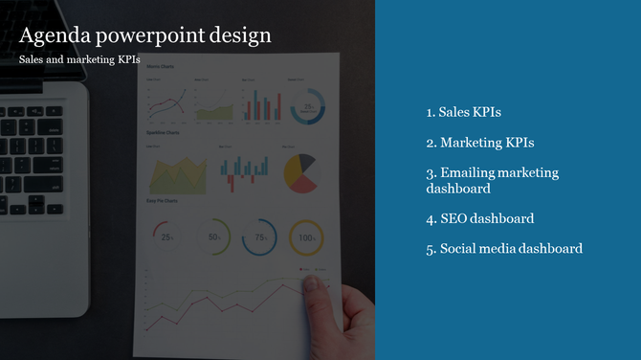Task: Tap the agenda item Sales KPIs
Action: pos(464,112)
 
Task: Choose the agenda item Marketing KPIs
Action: pos(480,143)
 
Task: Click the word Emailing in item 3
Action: pos(468,173)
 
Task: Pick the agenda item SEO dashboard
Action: pos(480,218)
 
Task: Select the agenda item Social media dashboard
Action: pos(504,249)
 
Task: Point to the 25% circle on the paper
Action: pos(166,237)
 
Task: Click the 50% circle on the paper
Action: pos(213,237)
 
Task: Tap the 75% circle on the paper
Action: pos(259,237)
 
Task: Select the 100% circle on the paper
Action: pos(306,237)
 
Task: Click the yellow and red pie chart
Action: pos(300,172)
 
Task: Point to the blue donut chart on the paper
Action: pos(308,107)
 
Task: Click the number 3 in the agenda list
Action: pos(431,173)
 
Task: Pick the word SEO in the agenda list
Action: pos(453,218)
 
